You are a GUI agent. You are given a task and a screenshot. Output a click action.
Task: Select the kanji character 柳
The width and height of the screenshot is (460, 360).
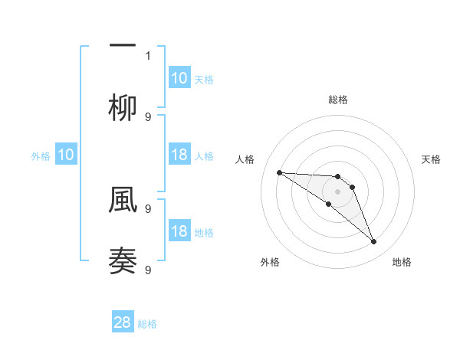click(x=123, y=109)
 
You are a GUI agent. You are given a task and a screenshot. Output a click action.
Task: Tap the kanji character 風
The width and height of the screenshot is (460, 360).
click(x=123, y=200)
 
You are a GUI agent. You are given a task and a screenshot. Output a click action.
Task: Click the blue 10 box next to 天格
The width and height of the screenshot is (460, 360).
click(x=179, y=78)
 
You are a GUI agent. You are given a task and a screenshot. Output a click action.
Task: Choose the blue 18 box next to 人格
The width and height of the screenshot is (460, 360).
click(x=179, y=155)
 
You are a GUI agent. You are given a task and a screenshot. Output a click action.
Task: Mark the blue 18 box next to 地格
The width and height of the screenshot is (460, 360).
click(x=179, y=231)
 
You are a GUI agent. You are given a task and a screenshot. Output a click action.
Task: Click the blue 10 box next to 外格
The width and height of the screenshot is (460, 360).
click(x=66, y=155)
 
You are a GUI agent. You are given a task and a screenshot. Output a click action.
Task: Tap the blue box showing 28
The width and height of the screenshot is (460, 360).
click(x=123, y=322)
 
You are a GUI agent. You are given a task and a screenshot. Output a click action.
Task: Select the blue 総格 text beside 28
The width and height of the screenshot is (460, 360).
click(x=148, y=324)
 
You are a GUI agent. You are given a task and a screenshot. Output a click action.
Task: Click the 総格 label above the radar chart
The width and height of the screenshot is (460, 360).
click(x=337, y=100)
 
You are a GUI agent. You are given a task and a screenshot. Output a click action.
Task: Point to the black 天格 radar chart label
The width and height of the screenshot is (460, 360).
click(x=432, y=159)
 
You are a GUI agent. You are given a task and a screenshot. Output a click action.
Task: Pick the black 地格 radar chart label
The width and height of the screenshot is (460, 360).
click(x=402, y=262)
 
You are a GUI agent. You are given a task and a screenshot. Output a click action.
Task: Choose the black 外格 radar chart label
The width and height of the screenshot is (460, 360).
click(x=270, y=262)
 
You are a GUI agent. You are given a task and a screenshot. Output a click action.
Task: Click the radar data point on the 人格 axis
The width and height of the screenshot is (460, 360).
click(x=279, y=172)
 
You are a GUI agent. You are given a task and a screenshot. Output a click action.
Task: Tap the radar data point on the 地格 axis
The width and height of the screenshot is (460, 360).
click(x=374, y=242)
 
